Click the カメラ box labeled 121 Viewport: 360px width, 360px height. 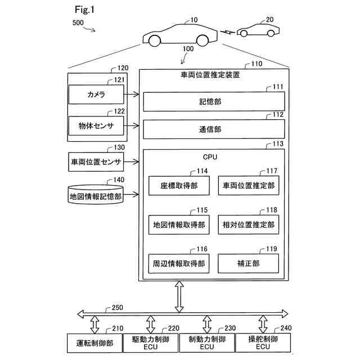(96, 94)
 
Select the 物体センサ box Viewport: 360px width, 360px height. (96, 126)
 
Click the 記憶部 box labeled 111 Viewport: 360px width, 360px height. (214, 101)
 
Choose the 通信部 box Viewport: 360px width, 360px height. (214, 129)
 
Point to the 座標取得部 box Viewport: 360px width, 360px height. (178, 185)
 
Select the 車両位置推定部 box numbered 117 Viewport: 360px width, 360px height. (248, 185)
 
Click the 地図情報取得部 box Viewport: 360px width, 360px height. (178, 224)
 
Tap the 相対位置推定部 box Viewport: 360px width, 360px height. (248, 224)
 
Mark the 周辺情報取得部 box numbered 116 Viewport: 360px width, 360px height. (178, 263)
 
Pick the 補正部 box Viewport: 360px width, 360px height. (248, 263)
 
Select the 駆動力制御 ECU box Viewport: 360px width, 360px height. (150, 343)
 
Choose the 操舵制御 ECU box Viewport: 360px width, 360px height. (263, 343)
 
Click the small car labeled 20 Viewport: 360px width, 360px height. (256, 30)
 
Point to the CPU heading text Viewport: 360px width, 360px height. (210, 157)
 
